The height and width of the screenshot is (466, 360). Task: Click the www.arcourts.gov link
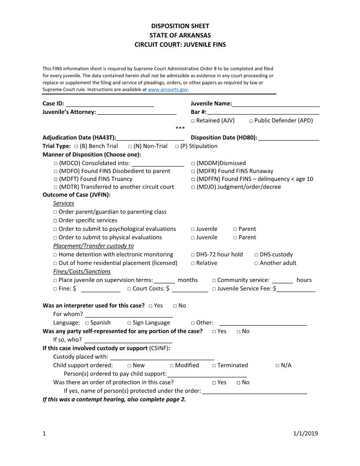point(168,90)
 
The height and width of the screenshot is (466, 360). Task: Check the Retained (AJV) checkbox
point(193,121)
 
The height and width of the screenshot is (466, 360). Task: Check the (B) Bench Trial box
point(77,147)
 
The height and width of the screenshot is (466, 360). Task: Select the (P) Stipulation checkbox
point(177,147)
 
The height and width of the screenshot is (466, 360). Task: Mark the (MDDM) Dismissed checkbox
point(193,163)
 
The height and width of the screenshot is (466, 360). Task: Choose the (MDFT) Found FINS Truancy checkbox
point(56,180)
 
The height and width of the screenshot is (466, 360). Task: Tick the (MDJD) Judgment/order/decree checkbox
point(193,188)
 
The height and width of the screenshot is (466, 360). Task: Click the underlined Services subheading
point(64,203)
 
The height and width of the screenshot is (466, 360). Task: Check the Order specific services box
point(56,221)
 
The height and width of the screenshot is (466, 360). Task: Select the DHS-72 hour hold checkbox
point(193,255)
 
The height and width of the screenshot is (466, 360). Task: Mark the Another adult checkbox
point(257,263)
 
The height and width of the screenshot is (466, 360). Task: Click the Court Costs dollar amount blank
point(190,289)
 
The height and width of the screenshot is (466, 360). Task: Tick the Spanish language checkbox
point(87,323)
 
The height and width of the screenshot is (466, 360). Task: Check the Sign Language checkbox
point(129,323)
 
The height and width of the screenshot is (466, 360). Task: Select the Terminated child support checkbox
point(214,366)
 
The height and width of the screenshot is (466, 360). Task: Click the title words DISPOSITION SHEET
point(180,26)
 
